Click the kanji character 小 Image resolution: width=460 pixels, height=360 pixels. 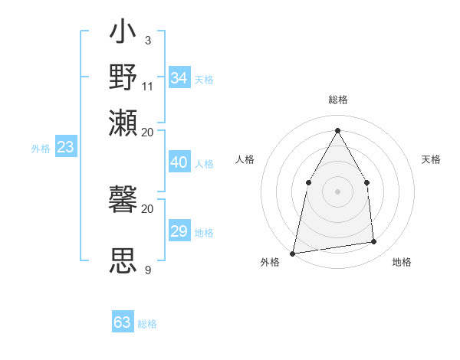123,34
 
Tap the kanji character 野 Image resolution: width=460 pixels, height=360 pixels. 123,77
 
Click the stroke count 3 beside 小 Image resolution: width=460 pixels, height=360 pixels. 147,40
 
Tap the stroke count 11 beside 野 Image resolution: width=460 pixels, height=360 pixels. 148,85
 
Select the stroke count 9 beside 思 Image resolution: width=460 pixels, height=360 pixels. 147,270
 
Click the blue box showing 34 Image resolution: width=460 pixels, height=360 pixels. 179,78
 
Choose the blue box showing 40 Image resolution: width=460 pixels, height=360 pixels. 179,162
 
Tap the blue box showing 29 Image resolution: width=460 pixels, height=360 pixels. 179,231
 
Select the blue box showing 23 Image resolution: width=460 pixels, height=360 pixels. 65,147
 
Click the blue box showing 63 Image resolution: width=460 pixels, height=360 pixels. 123,322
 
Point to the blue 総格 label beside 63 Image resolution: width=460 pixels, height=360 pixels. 147,324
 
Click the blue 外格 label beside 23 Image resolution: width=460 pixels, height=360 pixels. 41,149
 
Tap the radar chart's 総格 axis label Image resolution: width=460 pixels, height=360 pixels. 337,100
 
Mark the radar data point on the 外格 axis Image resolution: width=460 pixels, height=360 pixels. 293,253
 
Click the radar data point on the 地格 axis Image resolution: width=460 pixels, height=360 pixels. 374,242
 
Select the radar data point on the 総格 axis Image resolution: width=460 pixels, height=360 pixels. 337,130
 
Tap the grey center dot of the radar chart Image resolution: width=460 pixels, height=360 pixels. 337,191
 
